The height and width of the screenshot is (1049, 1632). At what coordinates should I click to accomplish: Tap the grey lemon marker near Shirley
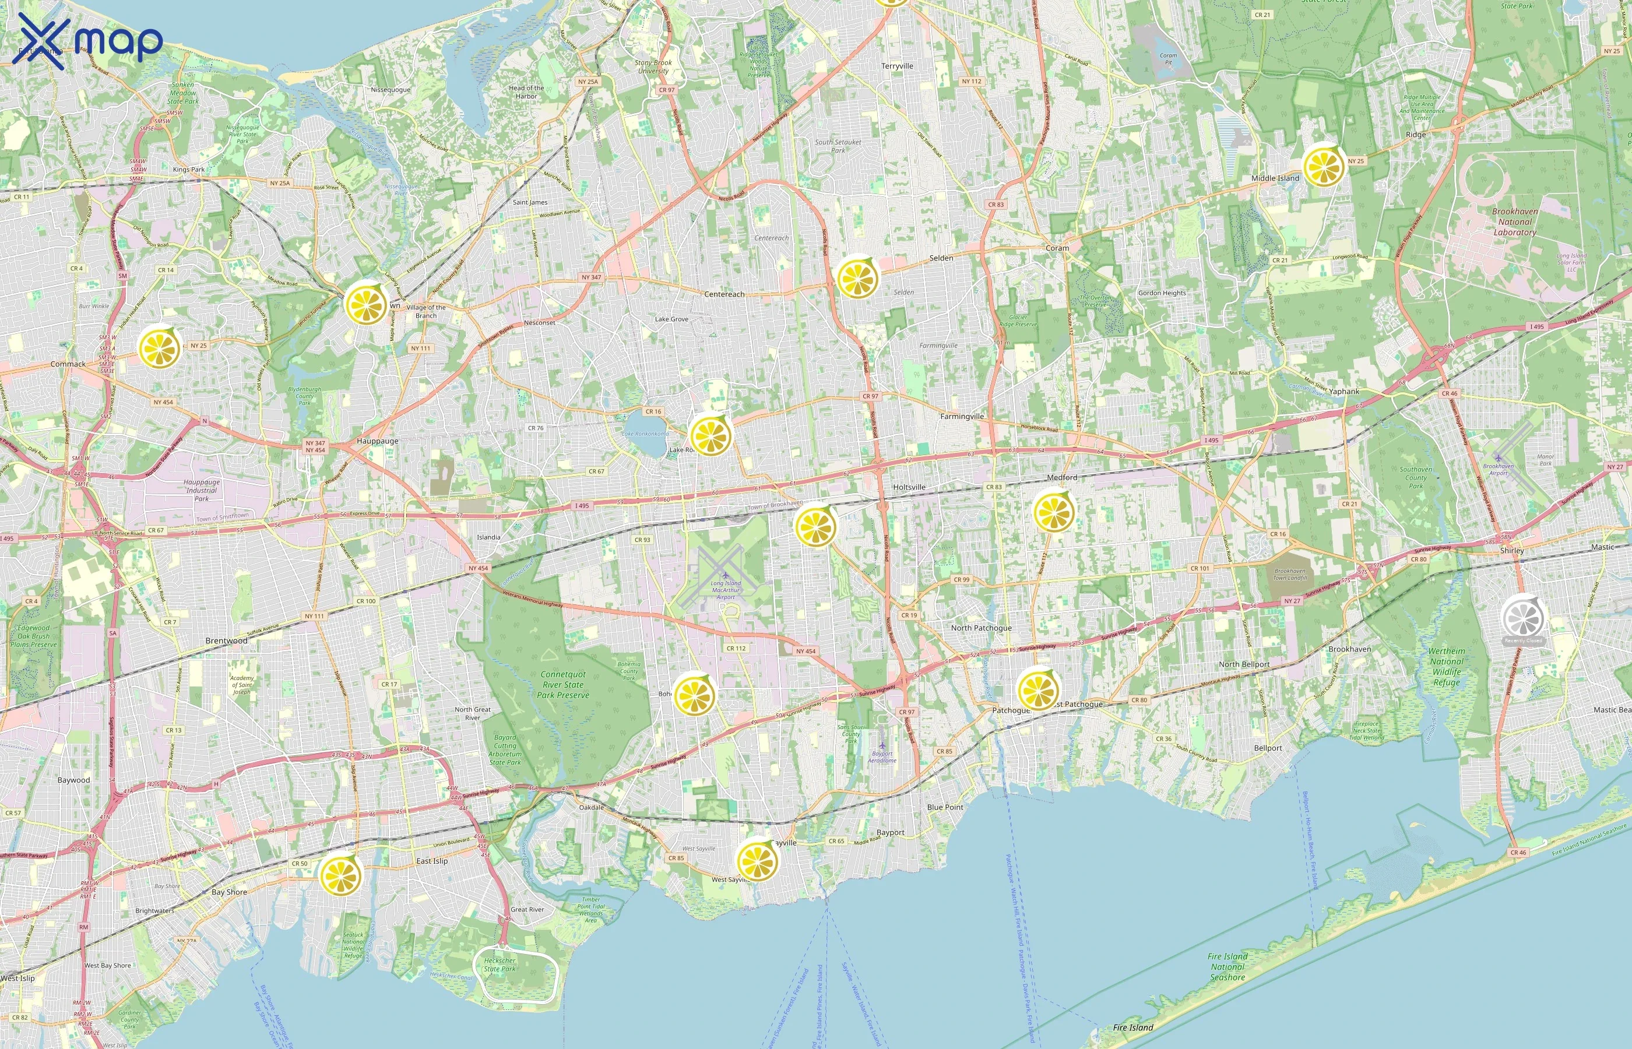pyautogui.click(x=1523, y=617)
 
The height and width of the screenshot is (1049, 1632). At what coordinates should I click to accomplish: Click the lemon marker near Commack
pyautogui.click(x=159, y=348)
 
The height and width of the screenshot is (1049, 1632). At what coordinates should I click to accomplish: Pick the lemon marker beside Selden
pyautogui.click(x=857, y=278)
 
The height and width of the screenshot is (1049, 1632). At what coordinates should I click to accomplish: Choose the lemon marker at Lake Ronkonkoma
pyautogui.click(x=710, y=435)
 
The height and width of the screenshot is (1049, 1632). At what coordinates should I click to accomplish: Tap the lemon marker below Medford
pyautogui.click(x=1053, y=512)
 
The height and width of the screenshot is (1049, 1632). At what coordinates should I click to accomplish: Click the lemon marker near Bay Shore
pyautogui.click(x=340, y=875)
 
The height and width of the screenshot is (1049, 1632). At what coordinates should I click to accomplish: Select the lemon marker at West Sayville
pyautogui.click(x=757, y=861)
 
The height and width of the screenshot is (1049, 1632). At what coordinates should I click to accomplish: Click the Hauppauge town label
pyautogui.click(x=377, y=441)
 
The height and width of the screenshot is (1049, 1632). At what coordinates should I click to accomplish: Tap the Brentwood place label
pyautogui.click(x=226, y=641)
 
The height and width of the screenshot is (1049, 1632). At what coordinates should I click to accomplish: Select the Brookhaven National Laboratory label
pyautogui.click(x=1514, y=222)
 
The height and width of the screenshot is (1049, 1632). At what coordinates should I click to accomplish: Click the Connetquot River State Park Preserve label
pyautogui.click(x=562, y=685)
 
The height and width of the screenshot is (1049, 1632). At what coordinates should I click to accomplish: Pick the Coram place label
pyautogui.click(x=1057, y=248)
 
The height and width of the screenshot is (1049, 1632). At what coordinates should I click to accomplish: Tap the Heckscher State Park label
pyautogui.click(x=500, y=964)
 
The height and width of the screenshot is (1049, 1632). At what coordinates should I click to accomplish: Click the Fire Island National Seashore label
pyautogui.click(x=1227, y=967)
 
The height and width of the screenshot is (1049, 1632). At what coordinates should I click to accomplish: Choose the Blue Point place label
pyautogui.click(x=945, y=807)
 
